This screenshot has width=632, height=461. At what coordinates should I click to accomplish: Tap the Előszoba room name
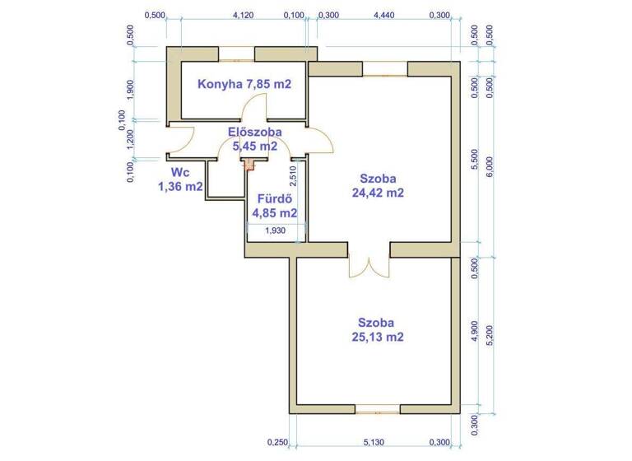(x=256, y=132)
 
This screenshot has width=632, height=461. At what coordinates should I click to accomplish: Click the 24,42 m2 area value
(x=379, y=193)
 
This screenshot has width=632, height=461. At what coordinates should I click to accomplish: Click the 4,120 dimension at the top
(x=243, y=15)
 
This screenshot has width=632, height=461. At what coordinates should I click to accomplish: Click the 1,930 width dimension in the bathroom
(x=276, y=231)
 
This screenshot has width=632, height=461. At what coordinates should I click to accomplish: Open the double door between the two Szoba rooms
(x=369, y=265)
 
